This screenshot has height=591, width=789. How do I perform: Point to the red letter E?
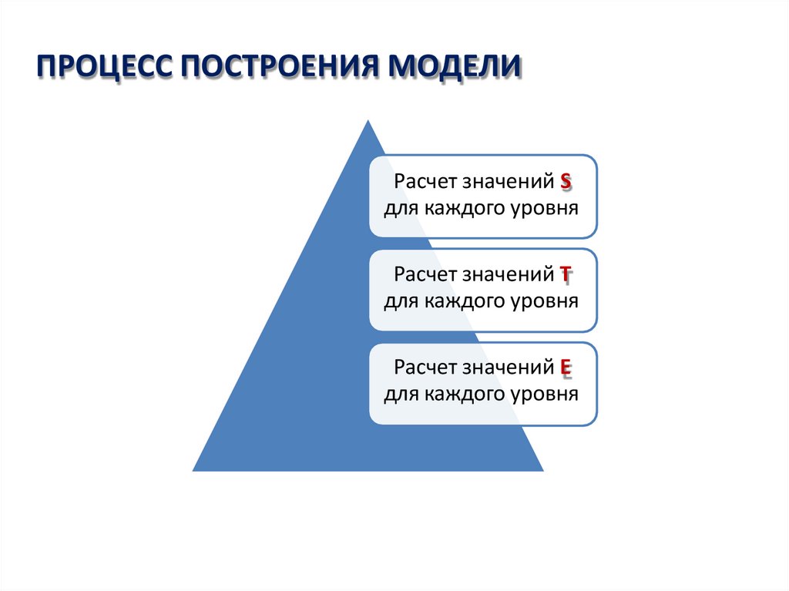566,368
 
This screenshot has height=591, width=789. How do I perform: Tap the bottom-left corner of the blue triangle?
193,470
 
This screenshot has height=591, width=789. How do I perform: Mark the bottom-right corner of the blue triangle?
542,470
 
